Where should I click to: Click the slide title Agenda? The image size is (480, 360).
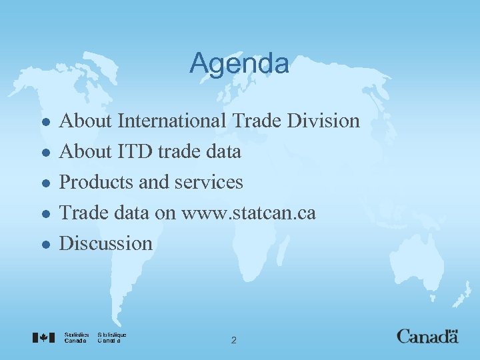click(239, 64)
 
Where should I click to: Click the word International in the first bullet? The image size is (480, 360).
click(173, 121)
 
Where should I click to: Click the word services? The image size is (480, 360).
click(211, 182)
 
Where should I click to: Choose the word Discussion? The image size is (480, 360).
click(106, 243)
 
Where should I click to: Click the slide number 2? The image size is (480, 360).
click(233, 341)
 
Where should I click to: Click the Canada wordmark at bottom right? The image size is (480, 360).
click(427, 336)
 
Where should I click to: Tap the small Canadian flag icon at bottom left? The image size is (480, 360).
click(43, 337)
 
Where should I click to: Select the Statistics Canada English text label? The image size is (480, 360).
click(77, 337)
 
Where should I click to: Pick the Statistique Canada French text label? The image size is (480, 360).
click(111, 337)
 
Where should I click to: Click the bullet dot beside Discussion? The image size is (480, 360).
click(44, 245)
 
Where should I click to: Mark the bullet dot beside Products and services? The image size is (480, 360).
click(44, 183)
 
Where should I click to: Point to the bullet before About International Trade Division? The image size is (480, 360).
click(44, 122)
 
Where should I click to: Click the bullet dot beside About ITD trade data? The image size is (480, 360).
click(44, 153)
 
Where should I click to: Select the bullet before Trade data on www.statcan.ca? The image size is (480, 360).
click(44, 214)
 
